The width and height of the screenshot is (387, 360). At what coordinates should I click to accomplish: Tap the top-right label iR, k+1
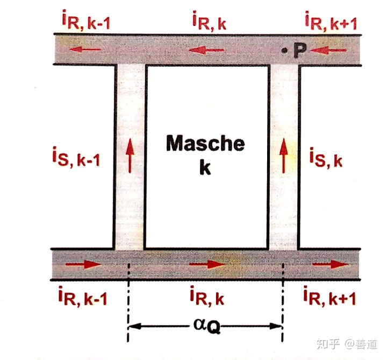(331, 23)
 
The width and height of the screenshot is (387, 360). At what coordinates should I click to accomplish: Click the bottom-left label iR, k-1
(81, 297)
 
